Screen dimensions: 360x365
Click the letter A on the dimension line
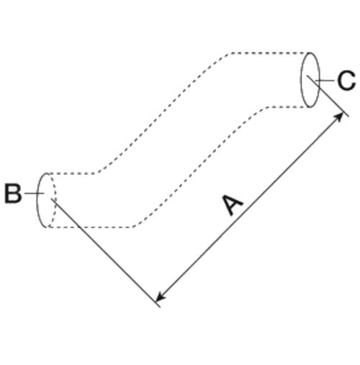(x=233, y=205)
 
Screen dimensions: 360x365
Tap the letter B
(x=13, y=194)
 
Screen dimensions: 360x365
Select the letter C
(x=346, y=81)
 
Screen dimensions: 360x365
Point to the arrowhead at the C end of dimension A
(x=339, y=117)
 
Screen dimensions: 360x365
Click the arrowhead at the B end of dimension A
(x=161, y=297)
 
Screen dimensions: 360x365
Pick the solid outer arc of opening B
(x=37, y=200)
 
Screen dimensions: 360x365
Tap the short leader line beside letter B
(x=34, y=193)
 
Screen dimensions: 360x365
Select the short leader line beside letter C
(x=325, y=81)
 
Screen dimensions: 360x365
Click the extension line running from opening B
(x=106, y=253)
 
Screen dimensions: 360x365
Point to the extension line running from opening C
(x=328, y=96)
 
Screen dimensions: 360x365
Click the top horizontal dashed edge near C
(x=270, y=53)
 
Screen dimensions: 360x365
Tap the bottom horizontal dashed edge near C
(x=288, y=107)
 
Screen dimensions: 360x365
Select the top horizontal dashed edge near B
(x=72, y=174)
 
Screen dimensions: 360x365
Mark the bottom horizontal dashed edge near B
(x=91, y=227)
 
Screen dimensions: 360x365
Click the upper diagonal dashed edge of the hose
(x=163, y=113)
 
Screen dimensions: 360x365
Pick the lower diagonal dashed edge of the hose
(x=199, y=167)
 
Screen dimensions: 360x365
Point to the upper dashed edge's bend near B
(x=96, y=173)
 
